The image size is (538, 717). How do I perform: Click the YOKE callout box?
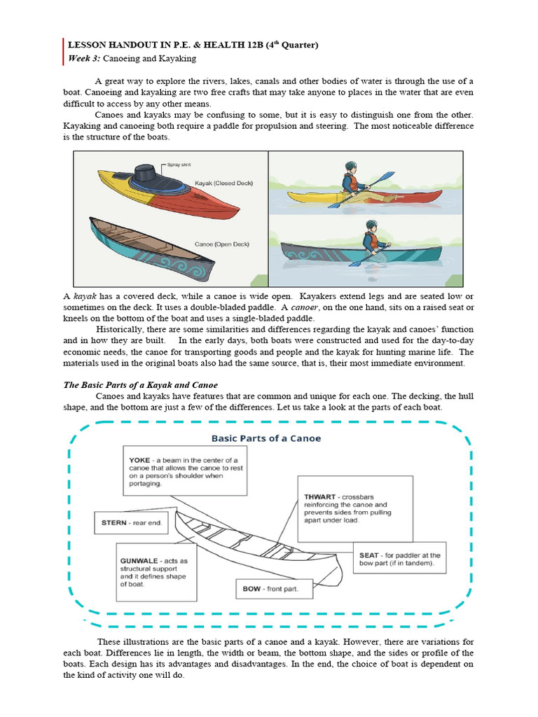click(183, 468)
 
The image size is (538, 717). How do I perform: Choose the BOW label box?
click(270, 589)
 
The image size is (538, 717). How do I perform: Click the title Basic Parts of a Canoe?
click(266, 438)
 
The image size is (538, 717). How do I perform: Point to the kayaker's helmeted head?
click(351, 169)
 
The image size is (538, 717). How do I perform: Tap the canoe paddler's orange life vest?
click(372, 242)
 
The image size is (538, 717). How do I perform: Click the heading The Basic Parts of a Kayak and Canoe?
click(141, 385)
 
